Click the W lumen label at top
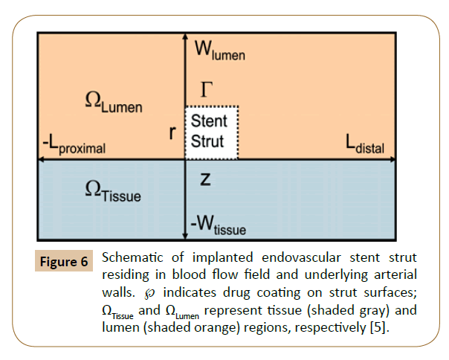pyautogui.click(x=219, y=51)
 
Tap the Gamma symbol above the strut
pyautogui.click(x=207, y=91)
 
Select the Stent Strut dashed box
pyautogui.click(x=211, y=132)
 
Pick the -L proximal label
pyautogui.click(x=74, y=147)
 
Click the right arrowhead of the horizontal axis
pyautogui.click(x=407, y=158)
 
